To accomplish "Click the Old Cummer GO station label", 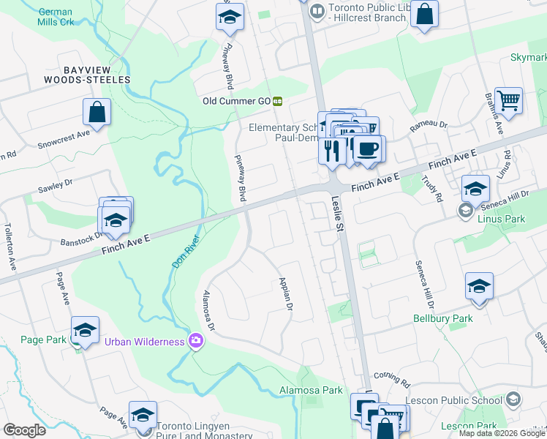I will point(238,101).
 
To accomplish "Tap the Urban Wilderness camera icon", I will point(195,341).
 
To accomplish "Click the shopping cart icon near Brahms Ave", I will point(508,100).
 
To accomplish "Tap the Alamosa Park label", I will point(311,391).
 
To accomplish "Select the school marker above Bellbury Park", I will point(479,285).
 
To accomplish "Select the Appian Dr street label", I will point(284,294).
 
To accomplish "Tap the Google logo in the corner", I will point(24,430).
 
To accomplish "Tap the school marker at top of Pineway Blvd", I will point(230,17).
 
